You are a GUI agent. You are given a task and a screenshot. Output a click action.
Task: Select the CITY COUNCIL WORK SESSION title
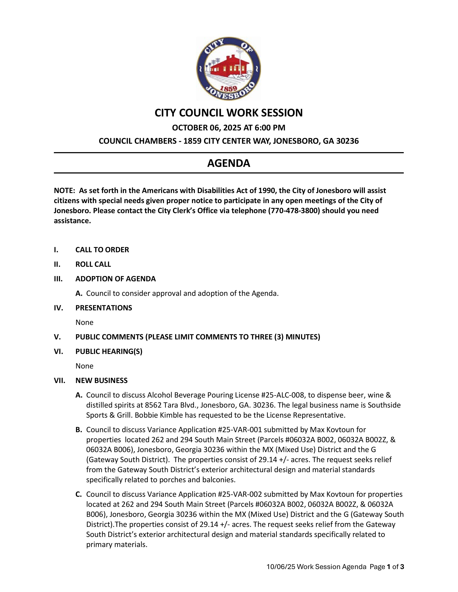coord(228,113)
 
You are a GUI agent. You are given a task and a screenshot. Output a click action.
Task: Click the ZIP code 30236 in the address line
coord(347,141)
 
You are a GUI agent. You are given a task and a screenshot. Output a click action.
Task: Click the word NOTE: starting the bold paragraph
coord(64,191)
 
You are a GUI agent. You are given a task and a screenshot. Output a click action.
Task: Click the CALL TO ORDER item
coord(102,250)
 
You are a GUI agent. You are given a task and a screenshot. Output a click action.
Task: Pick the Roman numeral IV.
coord(58,308)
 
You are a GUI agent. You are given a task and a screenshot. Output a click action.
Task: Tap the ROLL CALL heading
coord(93,264)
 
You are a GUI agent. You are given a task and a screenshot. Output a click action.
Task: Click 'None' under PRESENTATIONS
coord(84,322)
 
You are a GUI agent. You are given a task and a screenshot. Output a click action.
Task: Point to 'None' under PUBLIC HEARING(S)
coord(84,366)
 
